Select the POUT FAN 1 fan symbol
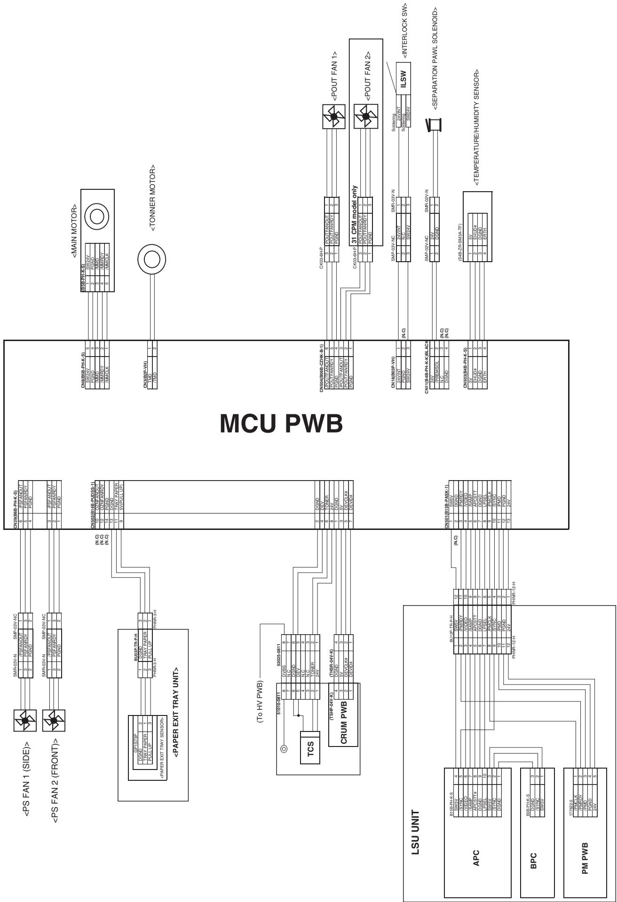334,117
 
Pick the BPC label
533,846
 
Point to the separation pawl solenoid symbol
434,125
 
